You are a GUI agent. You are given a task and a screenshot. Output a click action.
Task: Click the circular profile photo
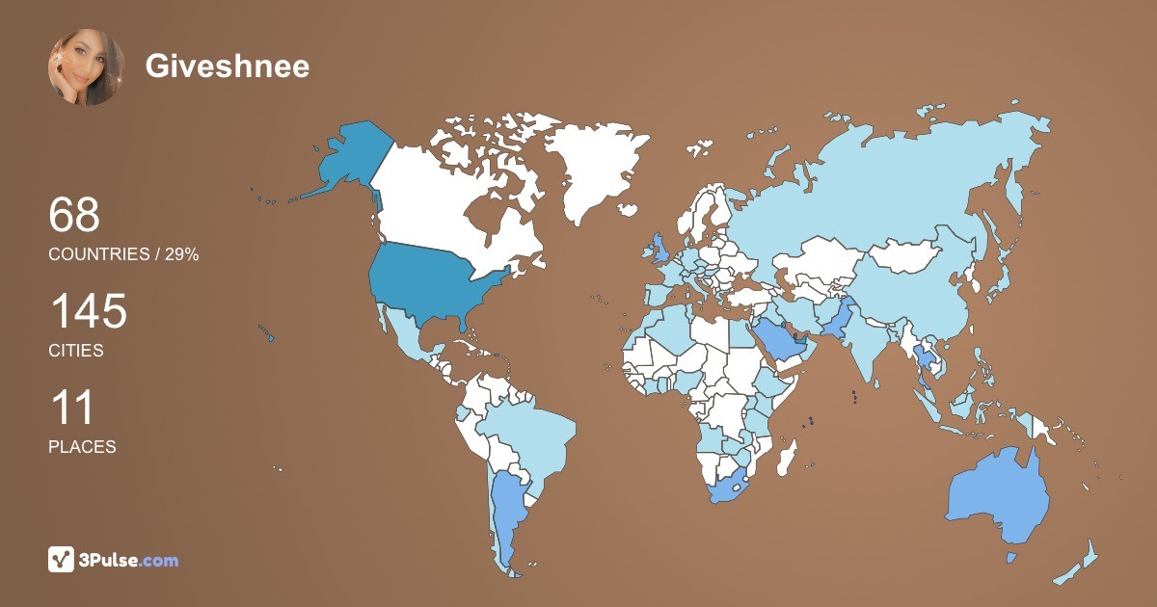[86, 66]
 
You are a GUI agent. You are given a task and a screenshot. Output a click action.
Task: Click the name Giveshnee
[228, 66]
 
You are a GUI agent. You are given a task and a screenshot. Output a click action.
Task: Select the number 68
[74, 215]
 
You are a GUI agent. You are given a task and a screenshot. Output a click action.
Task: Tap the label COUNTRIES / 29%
[123, 253]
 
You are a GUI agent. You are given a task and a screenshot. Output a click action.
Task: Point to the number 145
[88, 312]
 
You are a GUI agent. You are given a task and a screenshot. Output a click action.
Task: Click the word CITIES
[76, 351]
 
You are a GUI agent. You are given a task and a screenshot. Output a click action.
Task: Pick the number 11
[71, 409]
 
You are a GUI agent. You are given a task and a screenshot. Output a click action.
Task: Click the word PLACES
[82, 447]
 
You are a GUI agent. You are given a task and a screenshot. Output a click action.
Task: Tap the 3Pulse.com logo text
[127, 560]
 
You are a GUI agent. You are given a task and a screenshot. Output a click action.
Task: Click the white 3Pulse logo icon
[61, 560]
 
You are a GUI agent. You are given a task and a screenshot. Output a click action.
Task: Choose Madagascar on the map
[788, 456]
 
